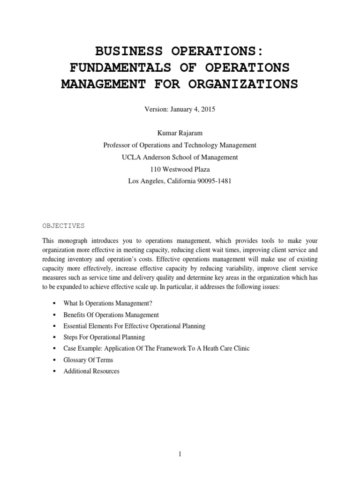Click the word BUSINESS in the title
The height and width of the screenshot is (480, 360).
[123, 51]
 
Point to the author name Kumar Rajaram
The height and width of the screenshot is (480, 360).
[180, 134]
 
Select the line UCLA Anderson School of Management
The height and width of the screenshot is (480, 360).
[180, 157]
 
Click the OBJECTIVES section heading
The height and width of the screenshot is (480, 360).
[63, 225]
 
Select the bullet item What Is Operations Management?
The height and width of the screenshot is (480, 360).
[107, 303]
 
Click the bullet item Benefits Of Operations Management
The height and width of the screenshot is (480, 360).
[111, 315]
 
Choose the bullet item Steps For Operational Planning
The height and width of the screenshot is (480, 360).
[104, 337]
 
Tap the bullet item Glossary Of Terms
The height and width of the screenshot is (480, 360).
[88, 360]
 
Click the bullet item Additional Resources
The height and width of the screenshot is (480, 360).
[91, 371]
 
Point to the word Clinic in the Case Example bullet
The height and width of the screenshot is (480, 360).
[241, 349]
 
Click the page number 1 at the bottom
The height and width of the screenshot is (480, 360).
[180, 454]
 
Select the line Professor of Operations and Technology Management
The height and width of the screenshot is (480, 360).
[180, 145]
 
